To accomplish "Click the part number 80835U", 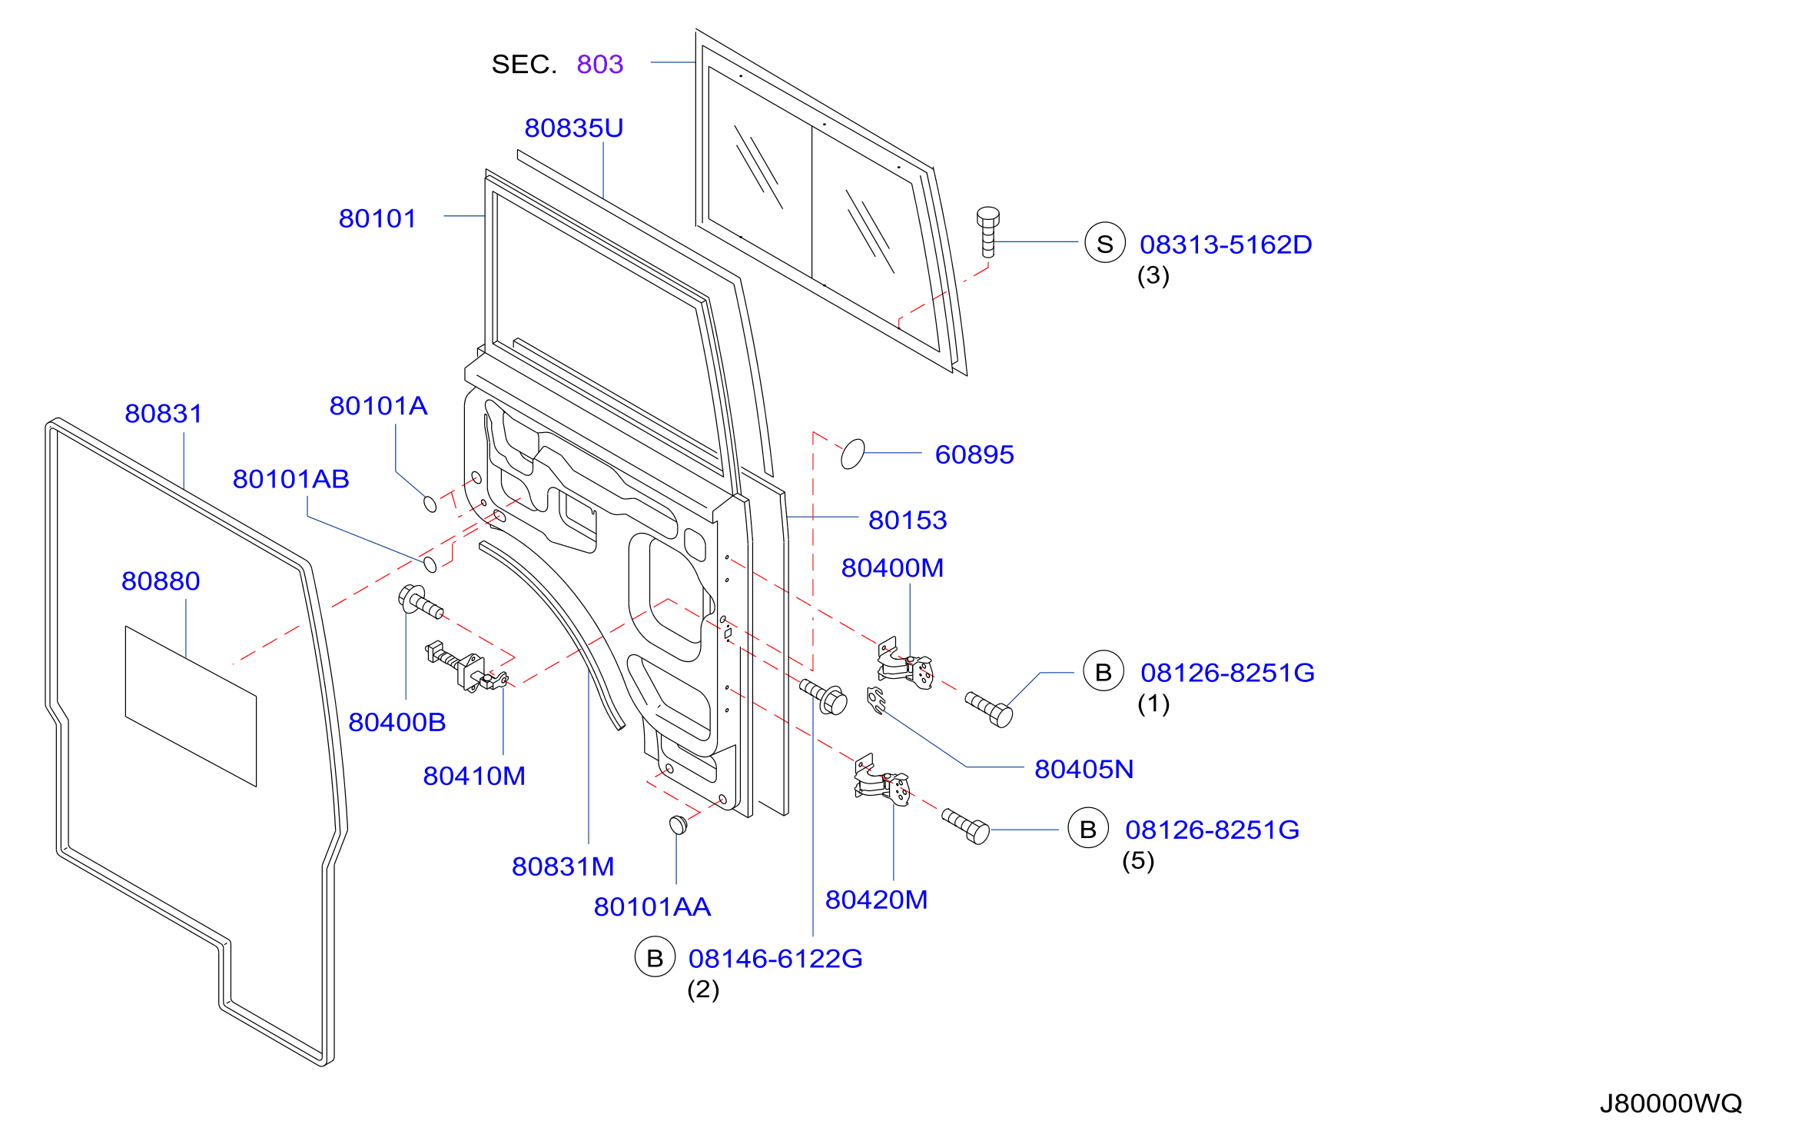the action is (573, 128).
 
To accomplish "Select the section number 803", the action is (600, 65).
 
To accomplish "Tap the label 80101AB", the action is (291, 480).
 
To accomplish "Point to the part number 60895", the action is (974, 455).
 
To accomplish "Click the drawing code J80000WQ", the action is (1671, 1104).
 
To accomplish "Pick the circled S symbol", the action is (1105, 242).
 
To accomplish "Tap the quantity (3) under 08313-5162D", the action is (1153, 275).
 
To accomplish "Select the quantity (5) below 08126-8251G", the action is (1138, 860).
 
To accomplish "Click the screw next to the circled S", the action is (988, 231).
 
